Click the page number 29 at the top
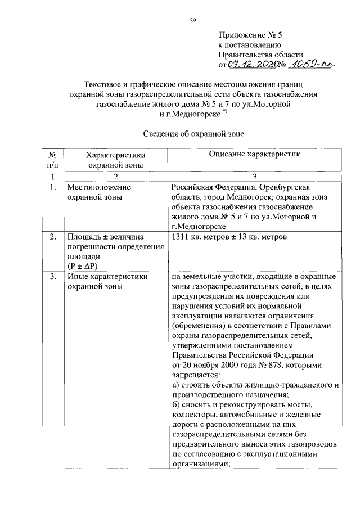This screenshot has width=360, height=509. (x=192, y=21)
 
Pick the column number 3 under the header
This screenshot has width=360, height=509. (x=254, y=177)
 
